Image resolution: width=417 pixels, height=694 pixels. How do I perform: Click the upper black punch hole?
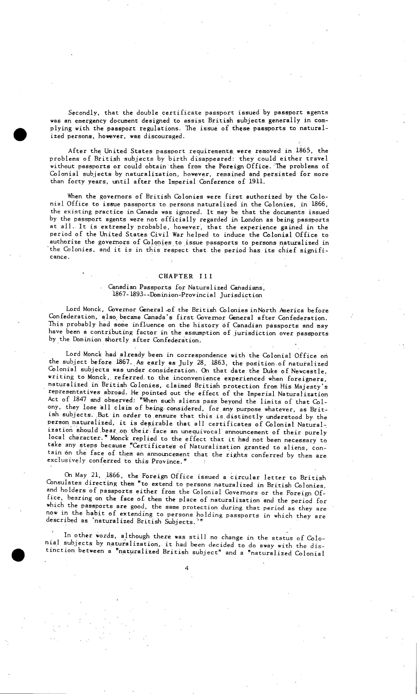pyautogui.click(x=20, y=134)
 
